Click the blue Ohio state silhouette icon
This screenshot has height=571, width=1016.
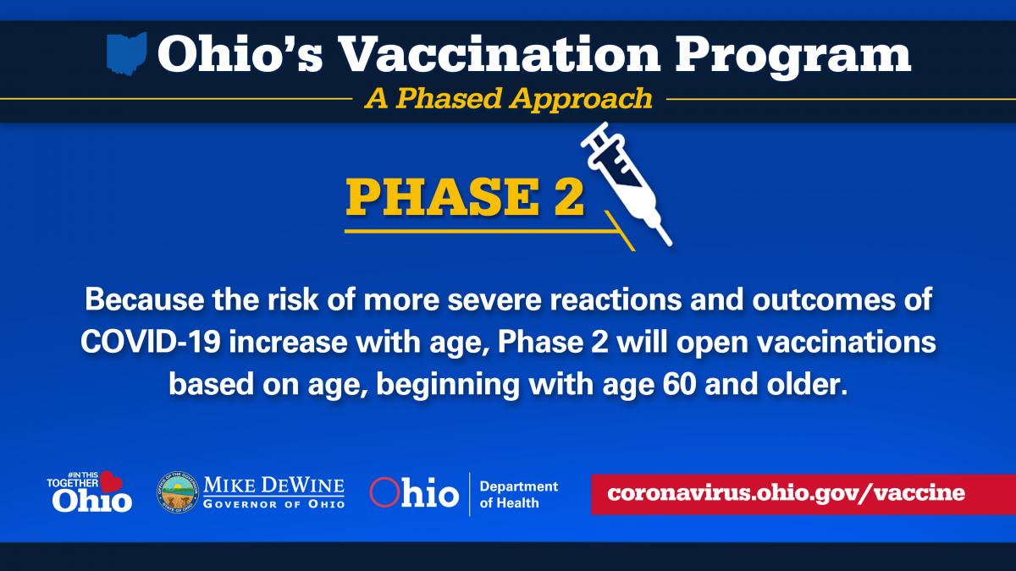[127, 53]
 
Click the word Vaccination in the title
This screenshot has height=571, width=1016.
[498, 54]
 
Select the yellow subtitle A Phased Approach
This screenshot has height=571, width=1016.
[509, 99]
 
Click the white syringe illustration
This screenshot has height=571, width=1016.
[626, 184]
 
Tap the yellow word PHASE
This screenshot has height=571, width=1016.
[442, 197]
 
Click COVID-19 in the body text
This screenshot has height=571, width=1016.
[151, 342]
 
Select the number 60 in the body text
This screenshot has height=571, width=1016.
[679, 384]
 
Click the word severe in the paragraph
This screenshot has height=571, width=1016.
[495, 299]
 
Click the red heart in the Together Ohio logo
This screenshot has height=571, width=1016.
[111, 481]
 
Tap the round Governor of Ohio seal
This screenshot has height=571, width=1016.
[178, 492]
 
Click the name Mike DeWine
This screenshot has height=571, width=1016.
[274, 486]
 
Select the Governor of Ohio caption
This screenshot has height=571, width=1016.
[274, 504]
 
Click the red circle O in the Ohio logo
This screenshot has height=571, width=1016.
[384, 492]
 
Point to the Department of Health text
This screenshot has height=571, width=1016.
[519, 494]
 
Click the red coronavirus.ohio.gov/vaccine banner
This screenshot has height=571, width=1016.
[803, 494]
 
